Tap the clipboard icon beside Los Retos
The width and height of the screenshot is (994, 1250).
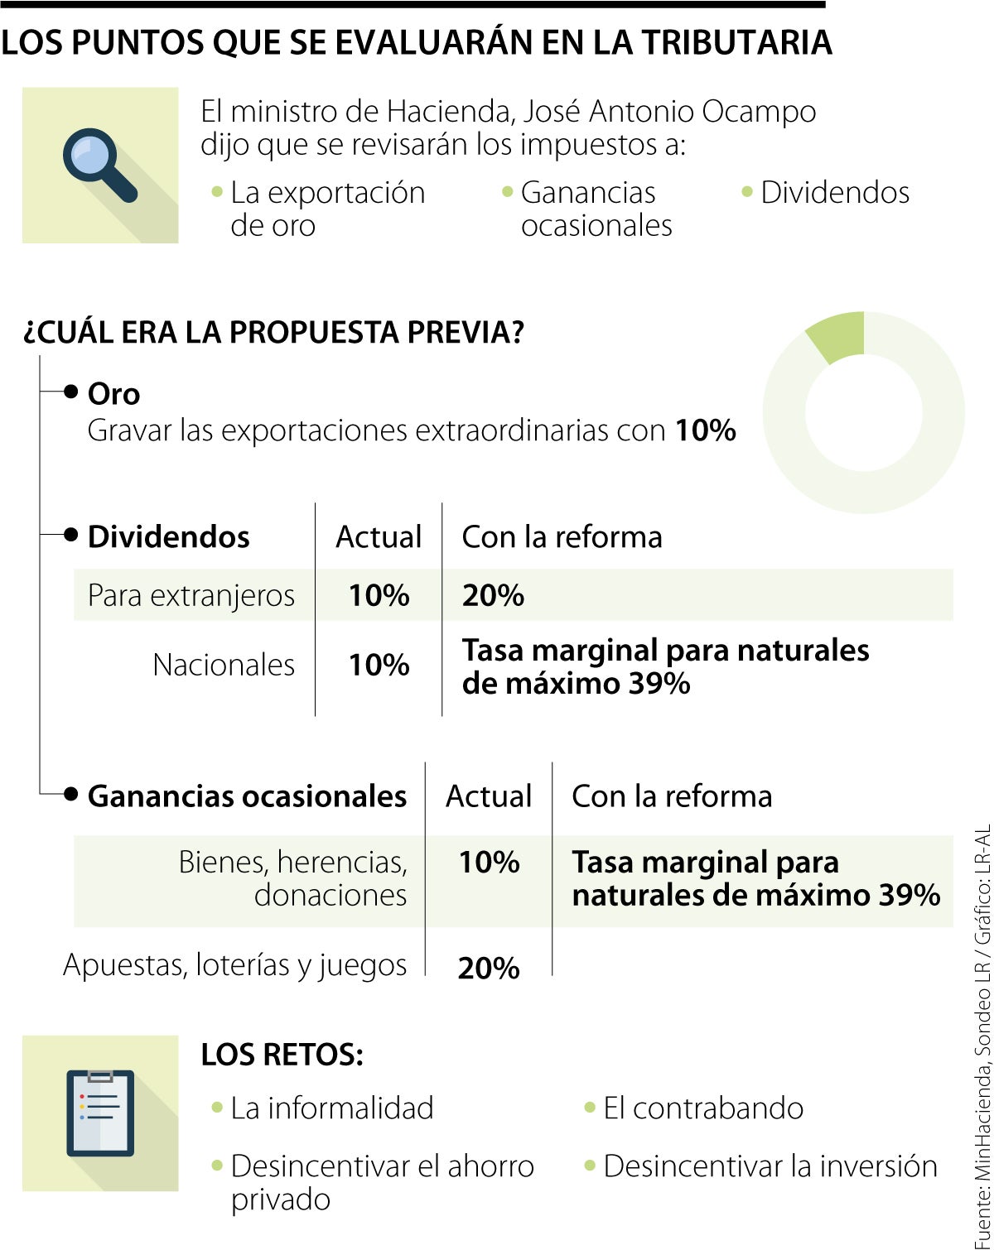tap(100, 1113)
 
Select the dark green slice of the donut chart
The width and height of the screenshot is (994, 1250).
tap(837, 335)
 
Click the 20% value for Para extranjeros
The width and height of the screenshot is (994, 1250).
tap(493, 595)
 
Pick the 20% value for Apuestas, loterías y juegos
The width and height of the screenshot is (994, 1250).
tap(489, 968)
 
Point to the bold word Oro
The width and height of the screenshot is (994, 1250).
tap(113, 394)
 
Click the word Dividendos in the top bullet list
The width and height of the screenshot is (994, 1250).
tap(835, 193)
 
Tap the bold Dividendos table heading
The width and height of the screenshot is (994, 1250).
tap(168, 537)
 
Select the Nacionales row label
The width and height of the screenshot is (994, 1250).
tap(224, 665)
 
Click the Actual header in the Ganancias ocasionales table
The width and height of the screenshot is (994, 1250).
tap(489, 796)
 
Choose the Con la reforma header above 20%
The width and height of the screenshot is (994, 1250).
tap(562, 537)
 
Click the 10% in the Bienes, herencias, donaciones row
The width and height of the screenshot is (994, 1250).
tap(489, 863)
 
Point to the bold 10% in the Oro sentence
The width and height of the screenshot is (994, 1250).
tap(705, 430)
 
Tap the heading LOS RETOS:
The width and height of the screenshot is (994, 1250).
tap(282, 1055)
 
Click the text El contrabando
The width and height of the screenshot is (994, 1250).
tap(702, 1108)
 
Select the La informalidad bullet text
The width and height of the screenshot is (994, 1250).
tap(331, 1108)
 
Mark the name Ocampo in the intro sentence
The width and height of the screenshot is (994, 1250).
tap(759, 112)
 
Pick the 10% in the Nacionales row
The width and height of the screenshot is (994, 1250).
tap(379, 665)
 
